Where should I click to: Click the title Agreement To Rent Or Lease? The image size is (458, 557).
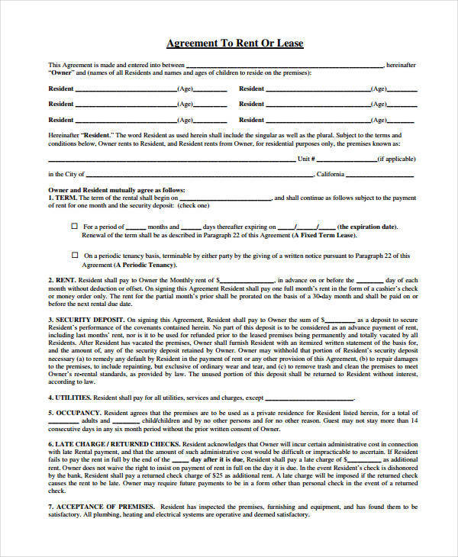(x=235, y=43)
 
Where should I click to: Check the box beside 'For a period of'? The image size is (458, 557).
(x=74, y=226)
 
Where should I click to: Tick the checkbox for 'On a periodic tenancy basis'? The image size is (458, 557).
(x=74, y=256)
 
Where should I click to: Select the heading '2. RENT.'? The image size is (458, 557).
(x=62, y=280)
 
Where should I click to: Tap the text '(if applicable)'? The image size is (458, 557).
(x=397, y=159)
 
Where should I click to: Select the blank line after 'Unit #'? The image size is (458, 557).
(x=346, y=159)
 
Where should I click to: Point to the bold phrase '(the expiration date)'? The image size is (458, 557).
(x=367, y=227)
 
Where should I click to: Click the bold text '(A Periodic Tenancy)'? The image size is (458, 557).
(x=144, y=265)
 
